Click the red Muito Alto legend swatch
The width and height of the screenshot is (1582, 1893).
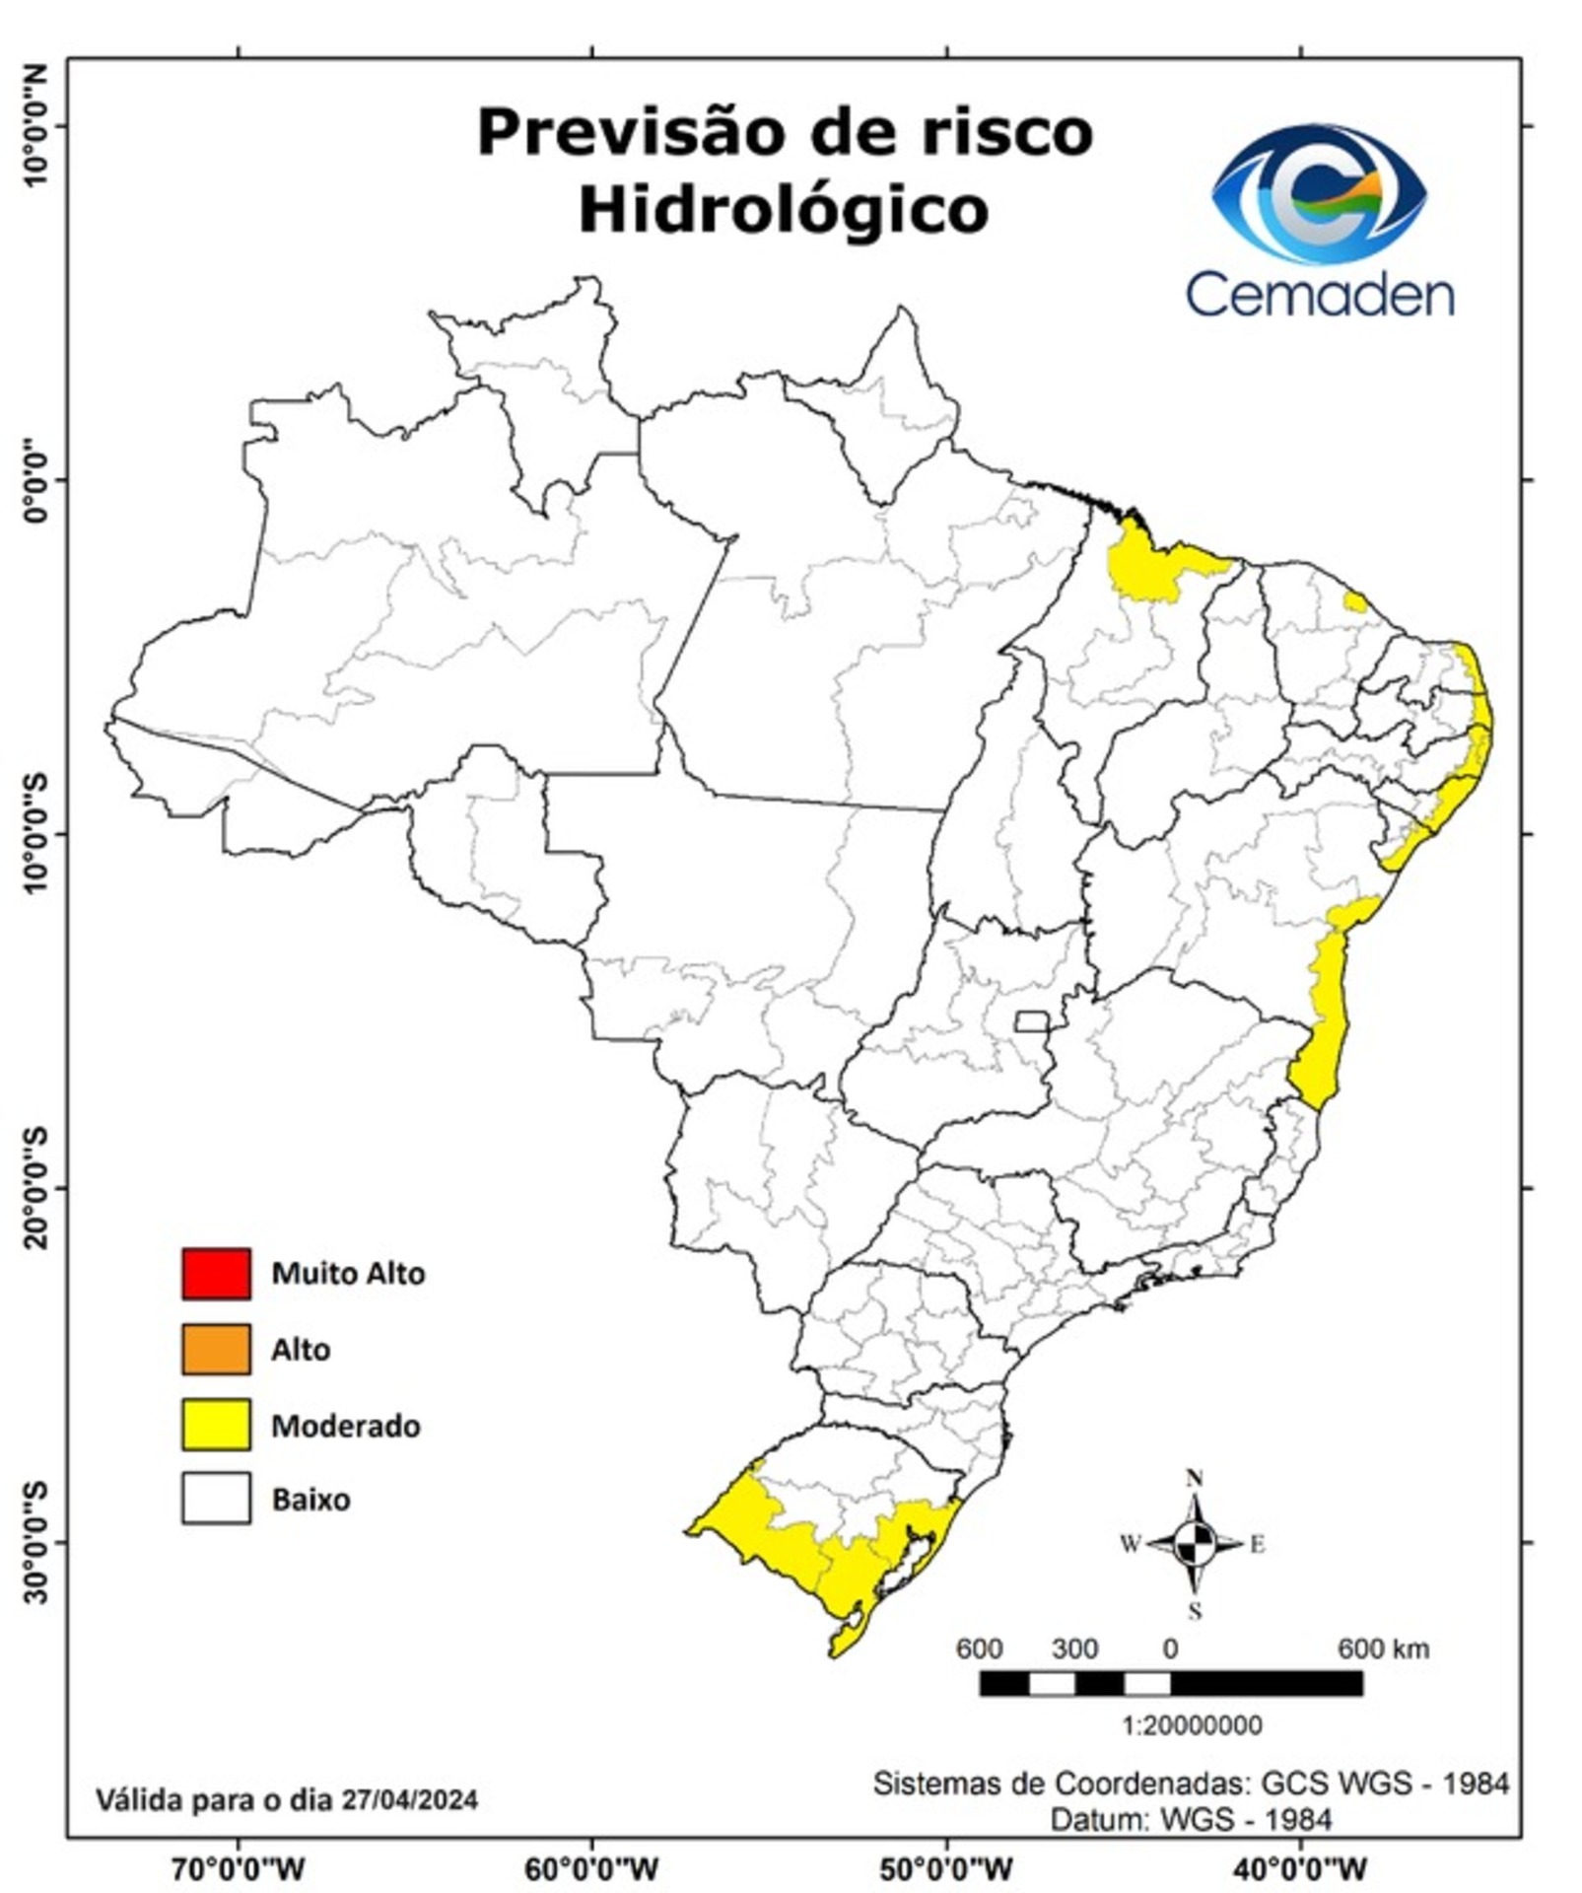[215, 1273]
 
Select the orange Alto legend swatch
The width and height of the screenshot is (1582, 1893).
[215, 1349]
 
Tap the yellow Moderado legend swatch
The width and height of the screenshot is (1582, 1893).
[215, 1425]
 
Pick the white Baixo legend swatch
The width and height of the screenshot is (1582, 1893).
[215, 1499]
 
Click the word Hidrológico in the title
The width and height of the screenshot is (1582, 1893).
[783, 210]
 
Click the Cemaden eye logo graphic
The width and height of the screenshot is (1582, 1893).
[1319, 193]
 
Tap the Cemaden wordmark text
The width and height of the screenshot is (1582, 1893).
[1319, 294]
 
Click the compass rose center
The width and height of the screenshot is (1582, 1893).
[1195, 1544]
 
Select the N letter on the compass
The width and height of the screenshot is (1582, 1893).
[1195, 1478]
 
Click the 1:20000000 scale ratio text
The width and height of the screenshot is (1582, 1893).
[1192, 1724]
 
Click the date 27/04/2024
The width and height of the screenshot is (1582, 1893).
[409, 1800]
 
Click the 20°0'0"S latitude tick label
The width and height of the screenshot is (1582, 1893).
[36, 1187]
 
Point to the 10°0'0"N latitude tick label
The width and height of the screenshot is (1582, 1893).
[36, 125]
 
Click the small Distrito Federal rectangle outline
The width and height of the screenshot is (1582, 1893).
[1031, 1020]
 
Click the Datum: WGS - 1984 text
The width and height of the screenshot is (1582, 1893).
[1191, 1819]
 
